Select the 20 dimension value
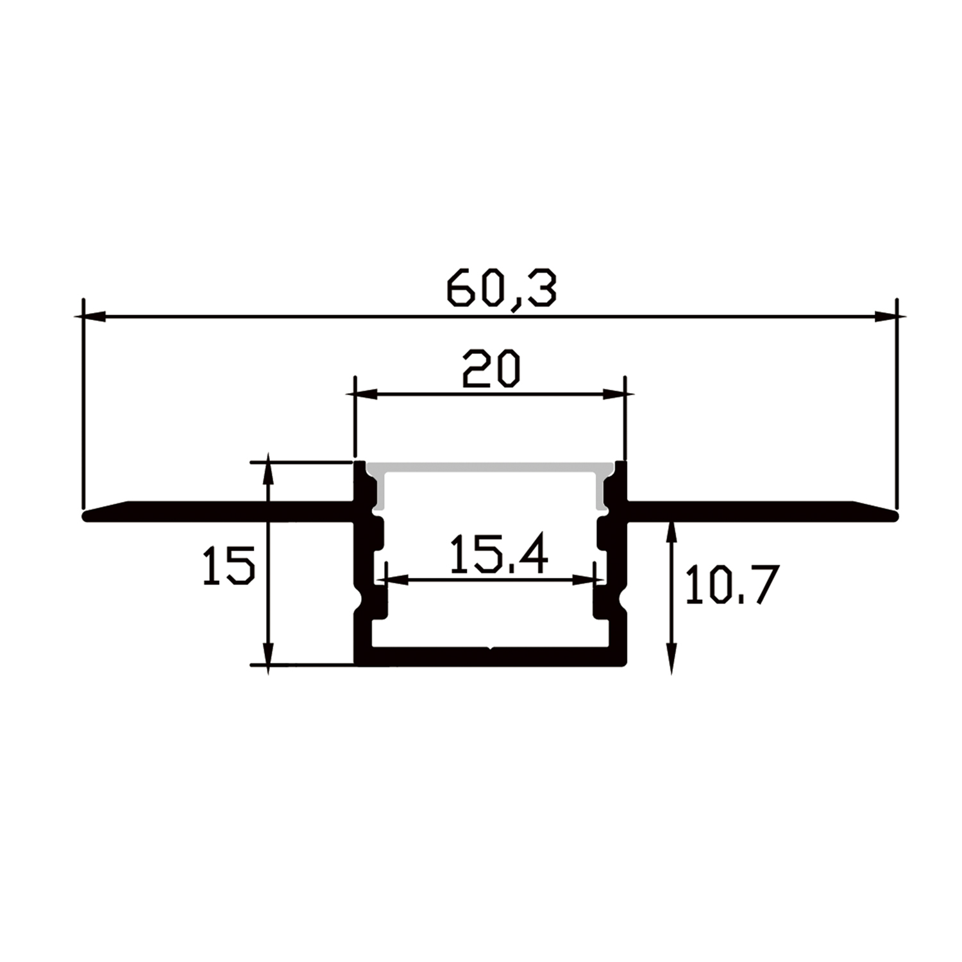point(491,369)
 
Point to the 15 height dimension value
point(229,565)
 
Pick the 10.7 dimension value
point(732,584)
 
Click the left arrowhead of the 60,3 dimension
point(95,316)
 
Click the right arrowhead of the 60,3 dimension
point(886,316)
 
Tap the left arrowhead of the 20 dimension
point(366,394)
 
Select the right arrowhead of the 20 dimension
point(614,394)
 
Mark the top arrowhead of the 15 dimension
point(269,473)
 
